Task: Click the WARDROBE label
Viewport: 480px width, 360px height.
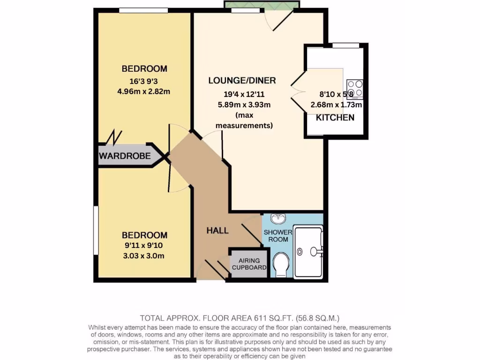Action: tap(125, 156)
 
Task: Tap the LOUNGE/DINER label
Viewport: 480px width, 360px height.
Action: tap(242, 81)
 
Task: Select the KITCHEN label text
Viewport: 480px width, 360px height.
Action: tap(335, 118)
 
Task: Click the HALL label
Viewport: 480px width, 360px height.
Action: tap(217, 230)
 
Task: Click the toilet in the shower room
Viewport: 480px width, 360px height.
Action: tap(282, 265)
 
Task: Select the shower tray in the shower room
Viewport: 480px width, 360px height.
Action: tap(308, 252)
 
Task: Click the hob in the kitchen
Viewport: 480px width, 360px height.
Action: tap(355, 89)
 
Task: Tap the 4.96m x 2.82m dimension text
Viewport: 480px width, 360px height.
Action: tap(144, 91)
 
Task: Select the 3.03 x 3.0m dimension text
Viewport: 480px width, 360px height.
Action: tap(144, 255)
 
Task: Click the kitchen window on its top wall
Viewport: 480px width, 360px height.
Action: tap(346, 45)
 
